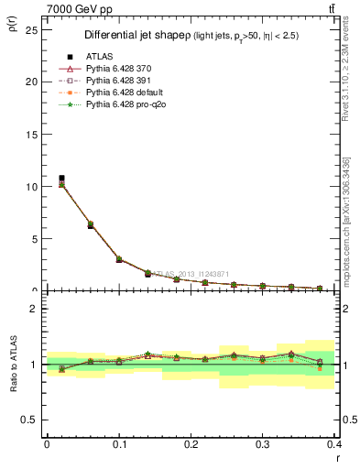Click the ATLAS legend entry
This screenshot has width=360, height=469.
point(99,57)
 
